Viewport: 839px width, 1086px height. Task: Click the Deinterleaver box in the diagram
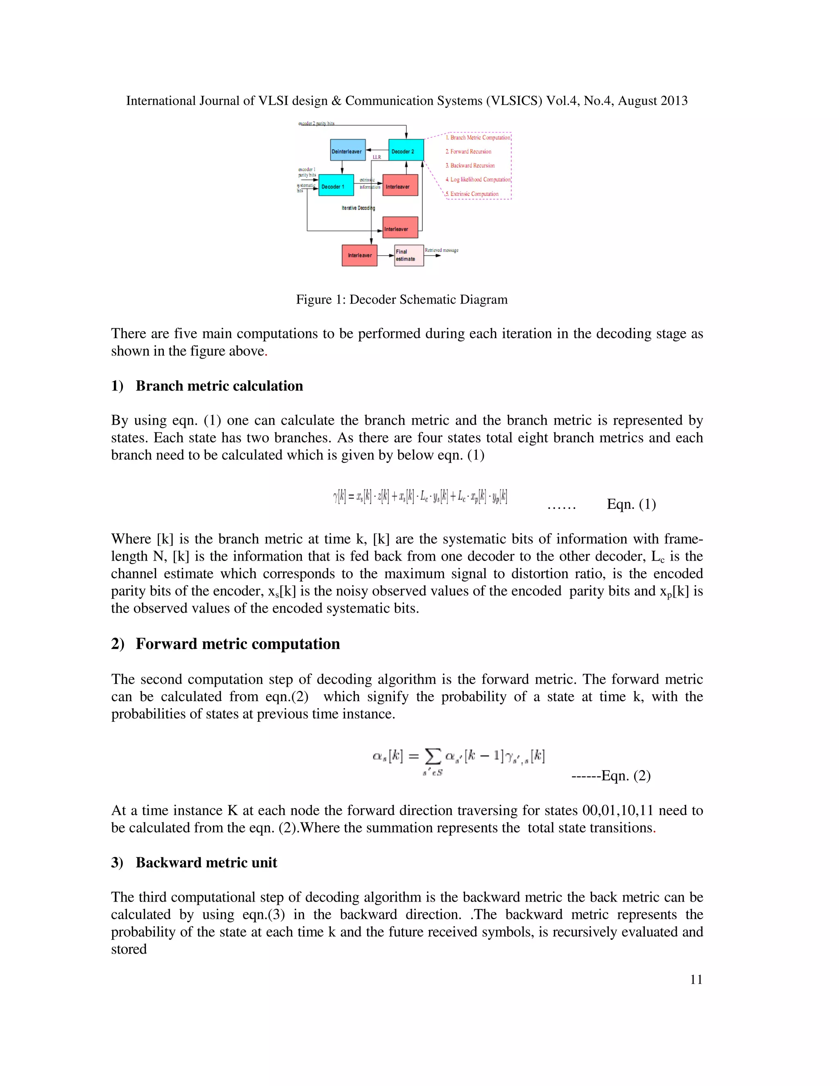tap(347, 150)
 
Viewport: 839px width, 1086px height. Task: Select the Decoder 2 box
tap(406, 150)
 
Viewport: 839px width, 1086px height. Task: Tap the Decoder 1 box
tap(336, 186)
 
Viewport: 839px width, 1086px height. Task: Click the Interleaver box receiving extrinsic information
tap(399, 186)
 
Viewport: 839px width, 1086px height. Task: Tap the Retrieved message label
tap(441, 250)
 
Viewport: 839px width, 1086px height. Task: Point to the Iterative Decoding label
tap(358, 208)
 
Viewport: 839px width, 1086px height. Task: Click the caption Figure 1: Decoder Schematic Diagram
tap(401, 299)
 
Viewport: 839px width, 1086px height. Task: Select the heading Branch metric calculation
tap(219, 386)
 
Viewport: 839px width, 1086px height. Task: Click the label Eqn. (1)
tap(631, 504)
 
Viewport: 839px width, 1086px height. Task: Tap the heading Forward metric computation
tap(238, 643)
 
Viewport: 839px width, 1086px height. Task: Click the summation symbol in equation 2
tap(433, 757)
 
